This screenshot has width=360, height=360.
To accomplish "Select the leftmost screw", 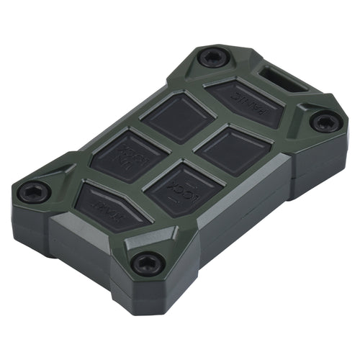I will pos(34,192).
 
